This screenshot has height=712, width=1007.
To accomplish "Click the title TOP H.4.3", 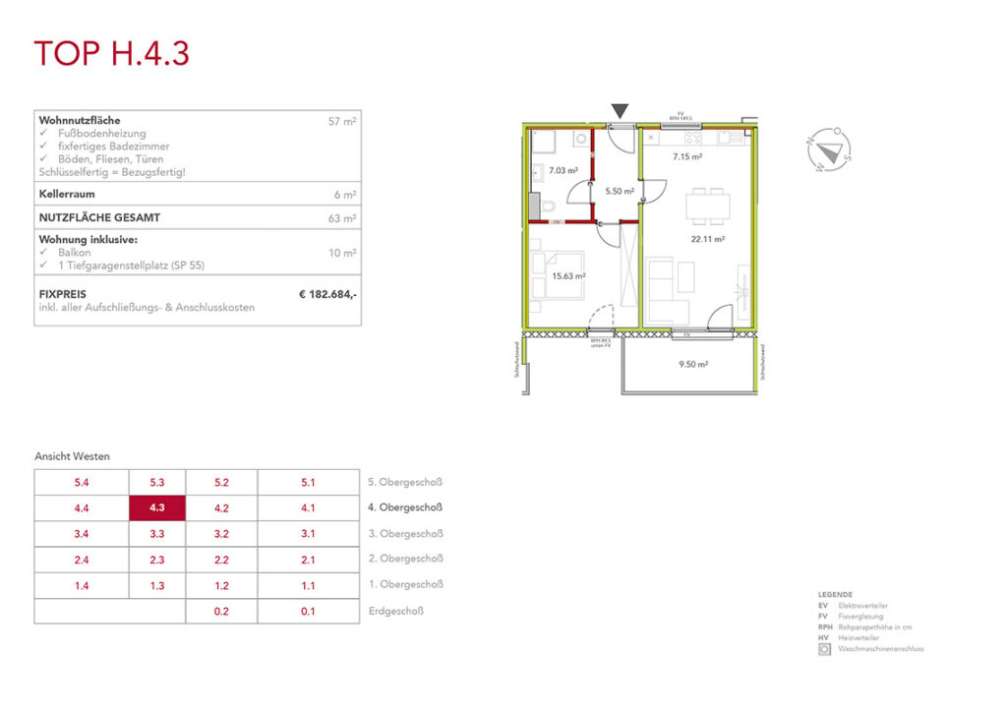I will click(x=111, y=53).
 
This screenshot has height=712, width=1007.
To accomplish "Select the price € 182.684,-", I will click(x=327, y=294).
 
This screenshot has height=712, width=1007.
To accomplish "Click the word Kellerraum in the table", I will click(x=66, y=195).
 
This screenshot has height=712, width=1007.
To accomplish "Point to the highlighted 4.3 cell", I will click(x=157, y=508).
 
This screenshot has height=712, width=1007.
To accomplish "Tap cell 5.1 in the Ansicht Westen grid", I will click(x=308, y=483).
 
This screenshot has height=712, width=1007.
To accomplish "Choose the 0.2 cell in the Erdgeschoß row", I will click(x=221, y=611).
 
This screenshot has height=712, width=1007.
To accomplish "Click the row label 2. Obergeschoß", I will click(x=405, y=559).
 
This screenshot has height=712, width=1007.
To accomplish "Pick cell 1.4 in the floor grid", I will click(x=81, y=585).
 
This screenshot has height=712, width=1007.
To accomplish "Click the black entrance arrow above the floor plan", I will click(x=621, y=112).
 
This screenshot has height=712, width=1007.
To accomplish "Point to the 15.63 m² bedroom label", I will click(x=569, y=277).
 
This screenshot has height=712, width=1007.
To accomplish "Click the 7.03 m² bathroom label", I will click(x=563, y=170).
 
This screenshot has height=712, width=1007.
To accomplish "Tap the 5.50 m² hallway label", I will click(x=618, y=191).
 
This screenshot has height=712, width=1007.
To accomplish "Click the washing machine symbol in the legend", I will click(x=824, y=649).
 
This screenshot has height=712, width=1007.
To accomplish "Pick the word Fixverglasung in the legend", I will click(x=859, y=617).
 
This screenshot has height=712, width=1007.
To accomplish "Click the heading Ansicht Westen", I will click(x=73, y=456).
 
